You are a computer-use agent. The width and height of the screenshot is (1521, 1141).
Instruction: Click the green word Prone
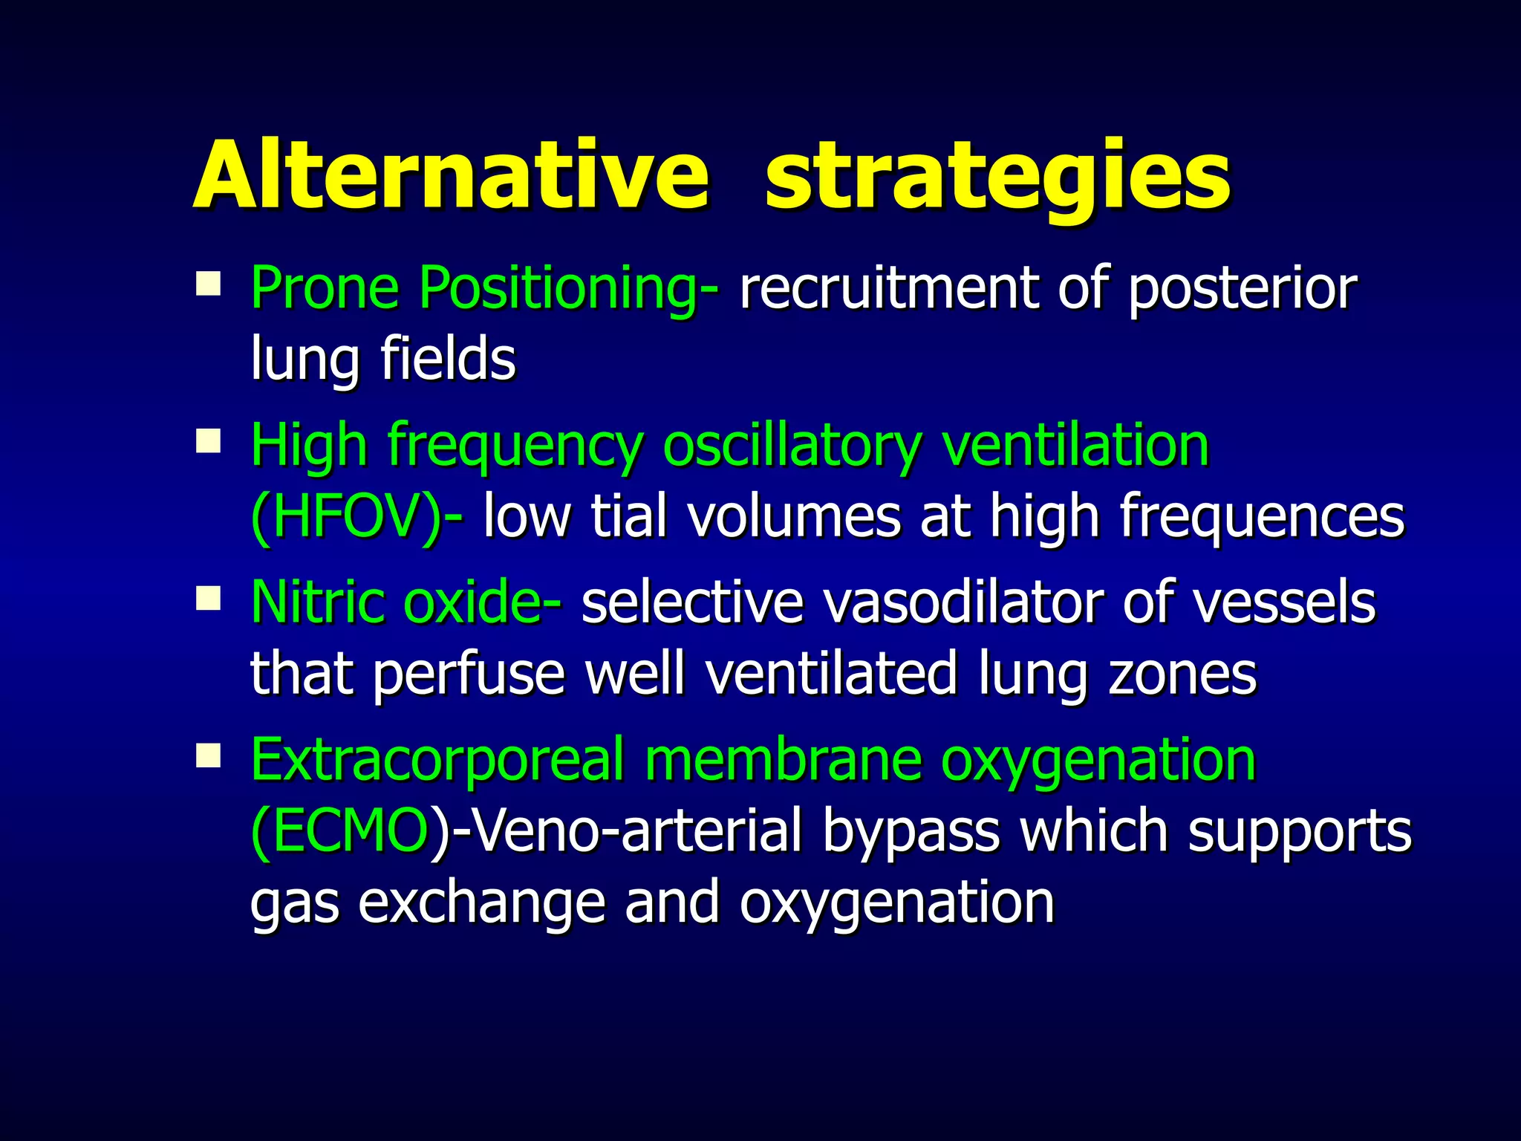pos(325,288)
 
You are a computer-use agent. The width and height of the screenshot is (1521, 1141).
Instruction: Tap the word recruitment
pos(888,288)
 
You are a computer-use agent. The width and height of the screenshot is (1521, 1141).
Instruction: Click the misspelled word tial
pos(628,516)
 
